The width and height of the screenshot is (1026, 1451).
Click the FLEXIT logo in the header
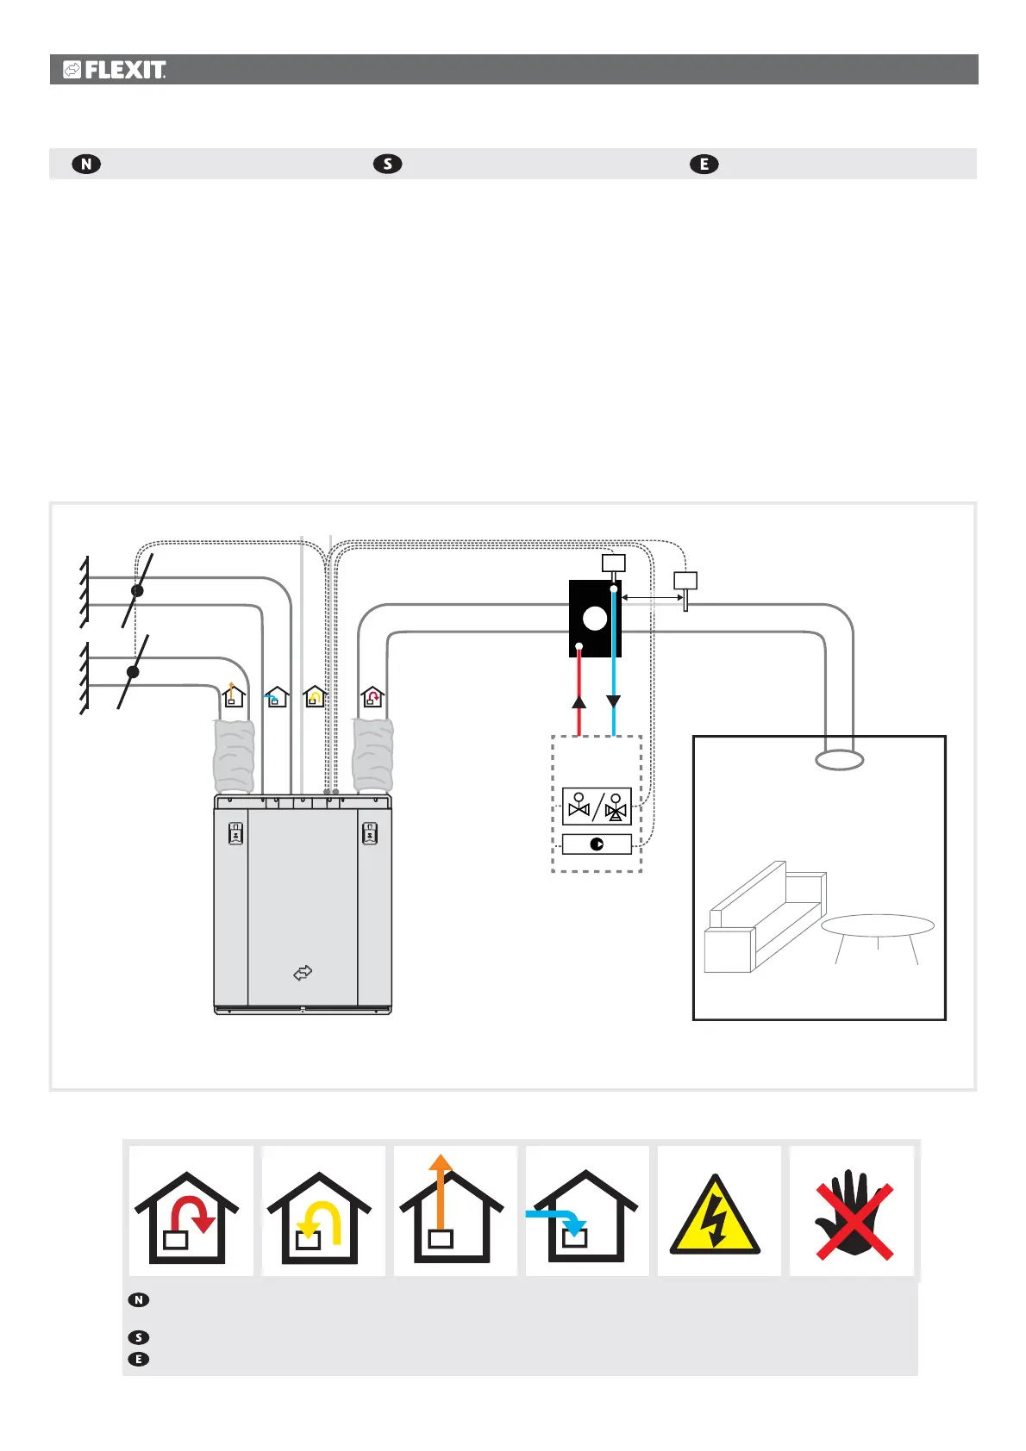(114, 70)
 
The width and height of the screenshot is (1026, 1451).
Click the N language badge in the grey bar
(86, 164)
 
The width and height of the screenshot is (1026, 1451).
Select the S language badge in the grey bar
(388, 164)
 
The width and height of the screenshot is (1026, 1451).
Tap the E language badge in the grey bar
(704, 164)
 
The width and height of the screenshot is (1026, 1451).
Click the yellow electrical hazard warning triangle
(716, 1215)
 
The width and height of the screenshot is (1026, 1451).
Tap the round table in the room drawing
(878, 927)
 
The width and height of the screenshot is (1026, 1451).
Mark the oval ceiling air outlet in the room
(839, 760)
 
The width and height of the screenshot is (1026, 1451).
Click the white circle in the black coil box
(595, 619)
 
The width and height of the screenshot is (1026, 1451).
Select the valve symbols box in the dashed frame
(597, 806)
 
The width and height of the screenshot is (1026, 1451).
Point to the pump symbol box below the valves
(597, 844)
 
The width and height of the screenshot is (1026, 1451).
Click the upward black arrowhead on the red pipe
(579, 701)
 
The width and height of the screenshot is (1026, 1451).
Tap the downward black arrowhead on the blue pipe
(613, 701)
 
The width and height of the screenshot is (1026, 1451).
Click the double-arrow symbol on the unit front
(303, 973)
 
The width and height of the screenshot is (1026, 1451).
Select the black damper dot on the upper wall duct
(137, 591)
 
